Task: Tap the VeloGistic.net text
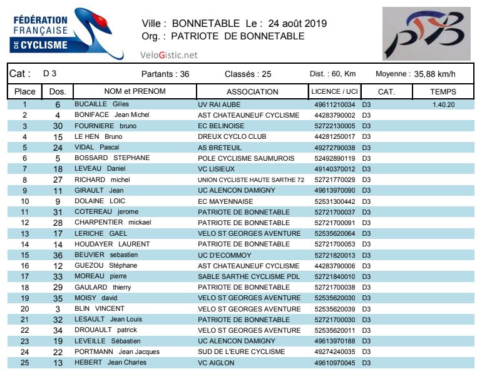tap(168, 55)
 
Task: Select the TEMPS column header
tap(443, 91)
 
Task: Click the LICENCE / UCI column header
tap(334, 91)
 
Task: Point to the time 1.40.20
tap(443, 104)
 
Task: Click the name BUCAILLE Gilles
tap(101, 104)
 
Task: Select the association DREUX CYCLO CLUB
tap(232, 137)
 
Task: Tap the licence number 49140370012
tap(334, 169)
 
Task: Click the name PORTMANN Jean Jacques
tap(117, 352)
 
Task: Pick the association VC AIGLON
tap(216, 363)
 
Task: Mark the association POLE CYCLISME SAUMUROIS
tap(246, 158)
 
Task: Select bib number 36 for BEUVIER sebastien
tap(58, 255)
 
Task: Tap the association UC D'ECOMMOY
tap(224, 255)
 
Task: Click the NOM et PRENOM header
tap(135, 91)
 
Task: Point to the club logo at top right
tap(426, 34)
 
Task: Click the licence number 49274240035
tap(334, 352)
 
